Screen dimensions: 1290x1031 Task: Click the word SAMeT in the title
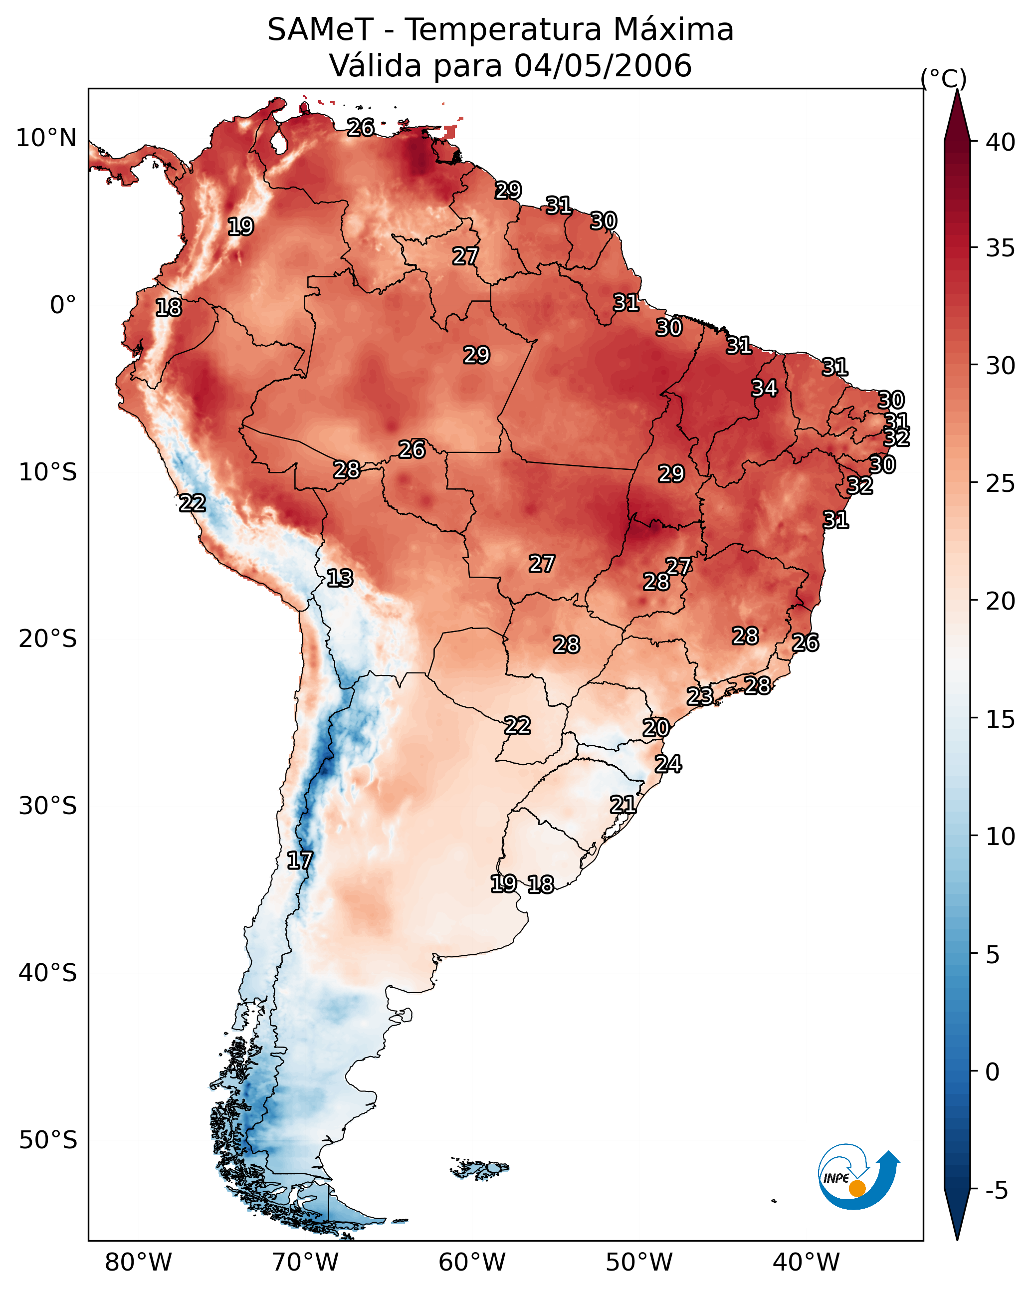[x=320, y=30]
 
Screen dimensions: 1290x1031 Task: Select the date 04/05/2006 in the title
[x=603, y=66]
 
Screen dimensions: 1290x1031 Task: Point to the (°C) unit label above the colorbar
[x=944, y=78]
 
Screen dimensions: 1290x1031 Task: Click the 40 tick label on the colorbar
[x=1001, y=142]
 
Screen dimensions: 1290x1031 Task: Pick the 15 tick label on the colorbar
[x=1001, y=719]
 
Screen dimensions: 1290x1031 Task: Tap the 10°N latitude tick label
[x=46, y=138]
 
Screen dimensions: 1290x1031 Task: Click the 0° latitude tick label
[x=63, y=305]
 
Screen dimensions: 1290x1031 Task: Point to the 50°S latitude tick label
[x=48, y=1140]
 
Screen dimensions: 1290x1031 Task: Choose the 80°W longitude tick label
[x=138, y=1263]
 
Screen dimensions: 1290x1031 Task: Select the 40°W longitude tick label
[x=806, y=1263]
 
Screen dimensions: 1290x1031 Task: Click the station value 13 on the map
[x=340, y=578]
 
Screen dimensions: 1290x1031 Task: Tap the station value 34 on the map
[x=764, y=388]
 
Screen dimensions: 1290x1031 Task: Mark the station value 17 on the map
[x=299, y=860]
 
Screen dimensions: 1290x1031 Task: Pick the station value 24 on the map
[x=668, y=764]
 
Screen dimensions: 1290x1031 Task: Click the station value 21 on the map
[x=623, y=805]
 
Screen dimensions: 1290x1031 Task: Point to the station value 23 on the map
[x=699, y=696]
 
